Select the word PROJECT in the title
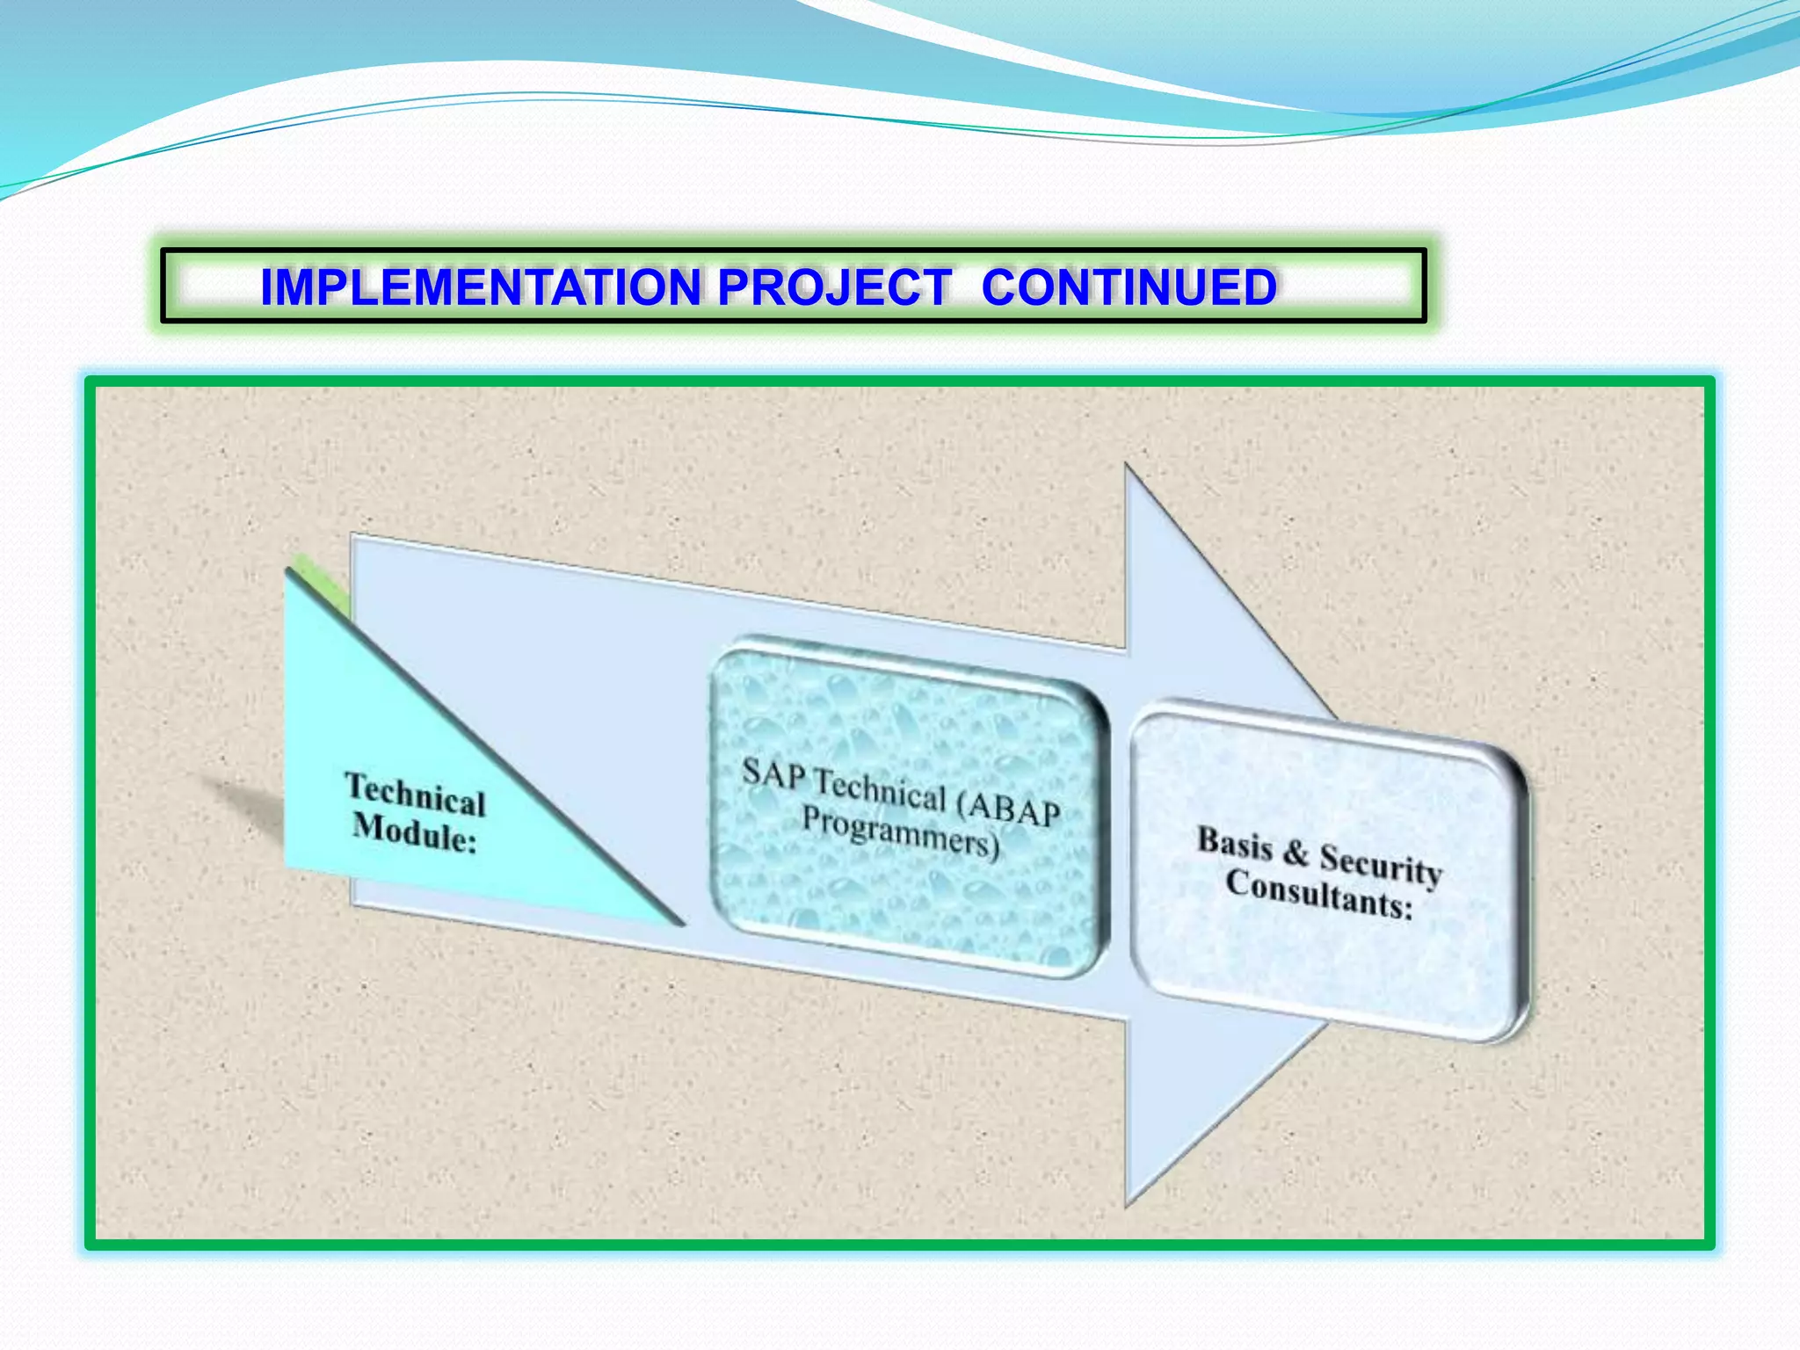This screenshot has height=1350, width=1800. tap(833, 287)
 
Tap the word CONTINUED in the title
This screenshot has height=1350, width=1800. tap(1129, 287)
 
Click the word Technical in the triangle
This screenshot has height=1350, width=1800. tap(415, 795)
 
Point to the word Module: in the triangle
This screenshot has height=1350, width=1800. tap(414, 833)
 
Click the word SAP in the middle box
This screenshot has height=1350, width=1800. tap(773, 773)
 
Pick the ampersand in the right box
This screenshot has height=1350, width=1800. tap(1296, 853)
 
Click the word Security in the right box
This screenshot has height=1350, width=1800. tap(1380, 865)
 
